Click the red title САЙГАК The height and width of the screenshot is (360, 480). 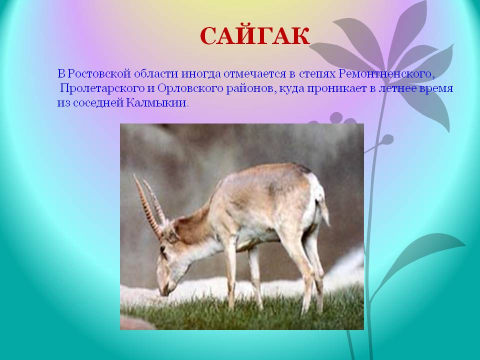(x=254, y=36)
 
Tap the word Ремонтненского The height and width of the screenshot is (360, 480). (x=387, y=74)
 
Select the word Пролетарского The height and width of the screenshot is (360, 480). (x=102, y=89)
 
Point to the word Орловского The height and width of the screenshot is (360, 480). (x=190, y=89)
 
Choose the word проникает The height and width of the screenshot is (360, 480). (x=336, y=89)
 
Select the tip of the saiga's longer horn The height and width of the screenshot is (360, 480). (x=134, y=175)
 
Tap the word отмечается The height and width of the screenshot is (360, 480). (x=259, y=74)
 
